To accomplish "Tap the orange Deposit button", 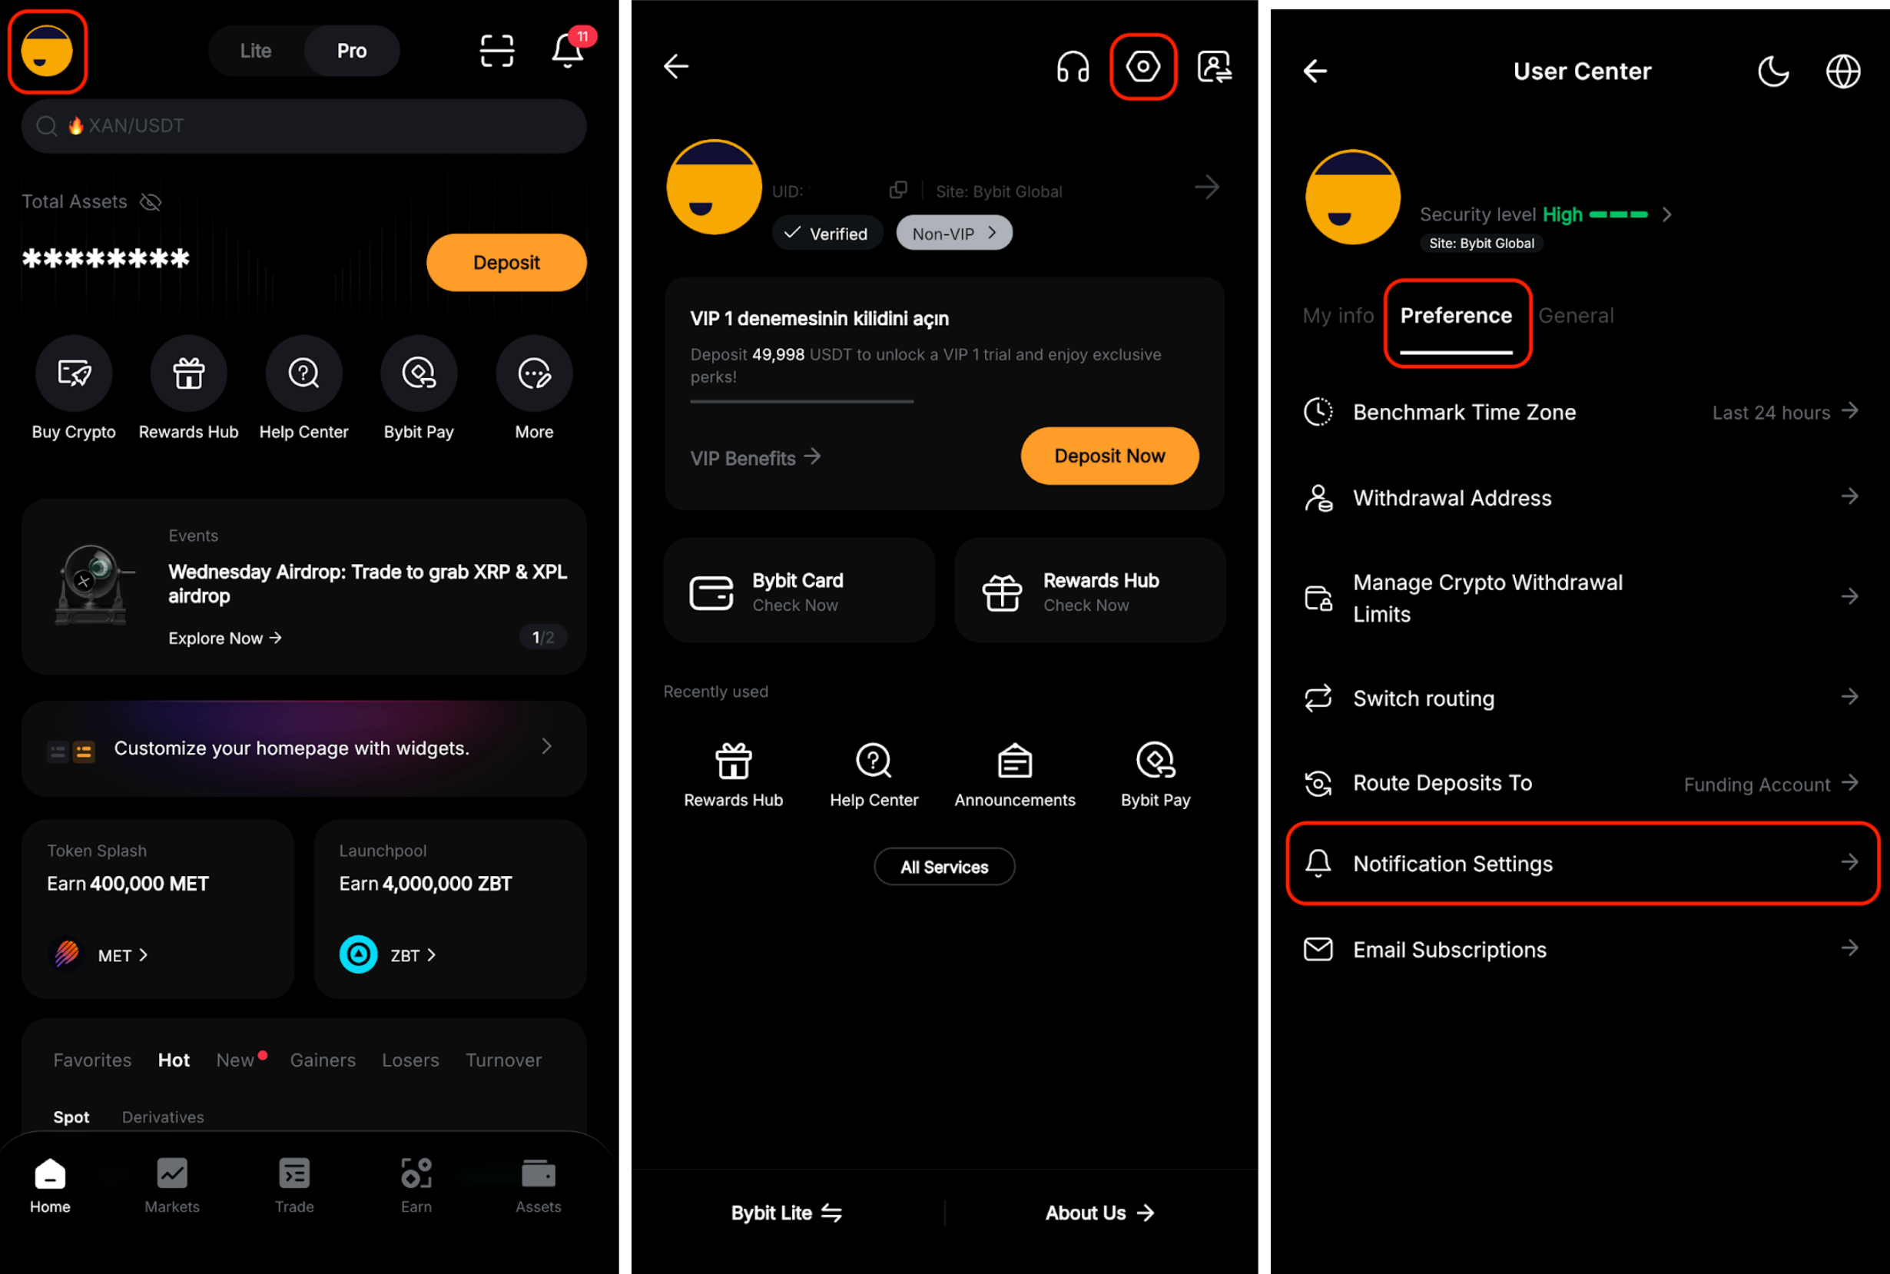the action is [x=506, y=263].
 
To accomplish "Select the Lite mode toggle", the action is [x=256, y=51].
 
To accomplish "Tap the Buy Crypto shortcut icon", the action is [x=74, y=373].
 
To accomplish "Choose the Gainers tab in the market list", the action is [x=323, y=1060].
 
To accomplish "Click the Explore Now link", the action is [x=225, y=638].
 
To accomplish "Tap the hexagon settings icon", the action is [x=1142, y=66].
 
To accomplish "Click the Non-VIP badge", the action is [x=954, y=233].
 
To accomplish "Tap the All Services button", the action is [x=943, y=867].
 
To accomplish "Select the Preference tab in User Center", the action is [x=1456, y=315].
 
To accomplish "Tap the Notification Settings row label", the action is [x=1453, y=864].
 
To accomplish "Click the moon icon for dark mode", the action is [x=1773, y=71].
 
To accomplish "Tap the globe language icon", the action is [x=1843, y=71].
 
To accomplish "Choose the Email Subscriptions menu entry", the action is [x=1450, y=950].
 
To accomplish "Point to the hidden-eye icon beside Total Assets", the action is [x=151, y=201].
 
